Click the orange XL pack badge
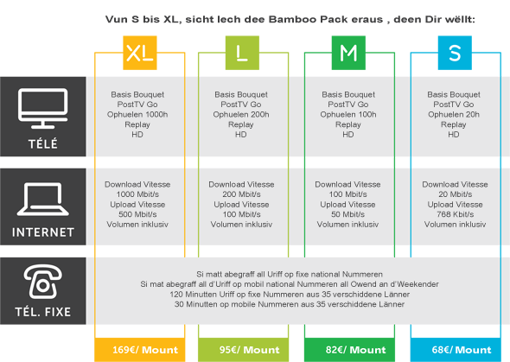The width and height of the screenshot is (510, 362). (140, 53)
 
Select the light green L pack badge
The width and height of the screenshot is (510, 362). (242, 53)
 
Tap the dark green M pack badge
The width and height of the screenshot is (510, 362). (348, 53)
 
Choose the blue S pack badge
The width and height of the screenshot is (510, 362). (455, 53)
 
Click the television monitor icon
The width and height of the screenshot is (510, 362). (43, 108)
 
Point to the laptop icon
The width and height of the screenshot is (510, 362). (43, 199)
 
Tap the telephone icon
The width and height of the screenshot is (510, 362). (42, 282)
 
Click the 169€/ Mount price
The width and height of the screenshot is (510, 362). (145, 350)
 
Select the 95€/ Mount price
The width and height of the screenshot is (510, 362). (249, 350)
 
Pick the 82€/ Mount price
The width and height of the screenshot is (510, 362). (355, 350)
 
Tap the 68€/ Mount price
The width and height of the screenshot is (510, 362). (462, 350)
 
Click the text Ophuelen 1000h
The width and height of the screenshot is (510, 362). (137, 114)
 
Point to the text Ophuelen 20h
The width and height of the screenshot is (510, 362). (454, 114)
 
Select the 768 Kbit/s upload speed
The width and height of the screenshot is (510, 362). (455, 214)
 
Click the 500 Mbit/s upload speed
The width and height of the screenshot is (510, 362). (137, 214)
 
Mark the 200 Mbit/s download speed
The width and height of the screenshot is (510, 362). (241, 194)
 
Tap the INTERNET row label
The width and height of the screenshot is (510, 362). (43, 232)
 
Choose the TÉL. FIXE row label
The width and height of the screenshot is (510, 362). (43, 312)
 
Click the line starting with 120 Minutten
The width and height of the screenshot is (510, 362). (290, 295)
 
